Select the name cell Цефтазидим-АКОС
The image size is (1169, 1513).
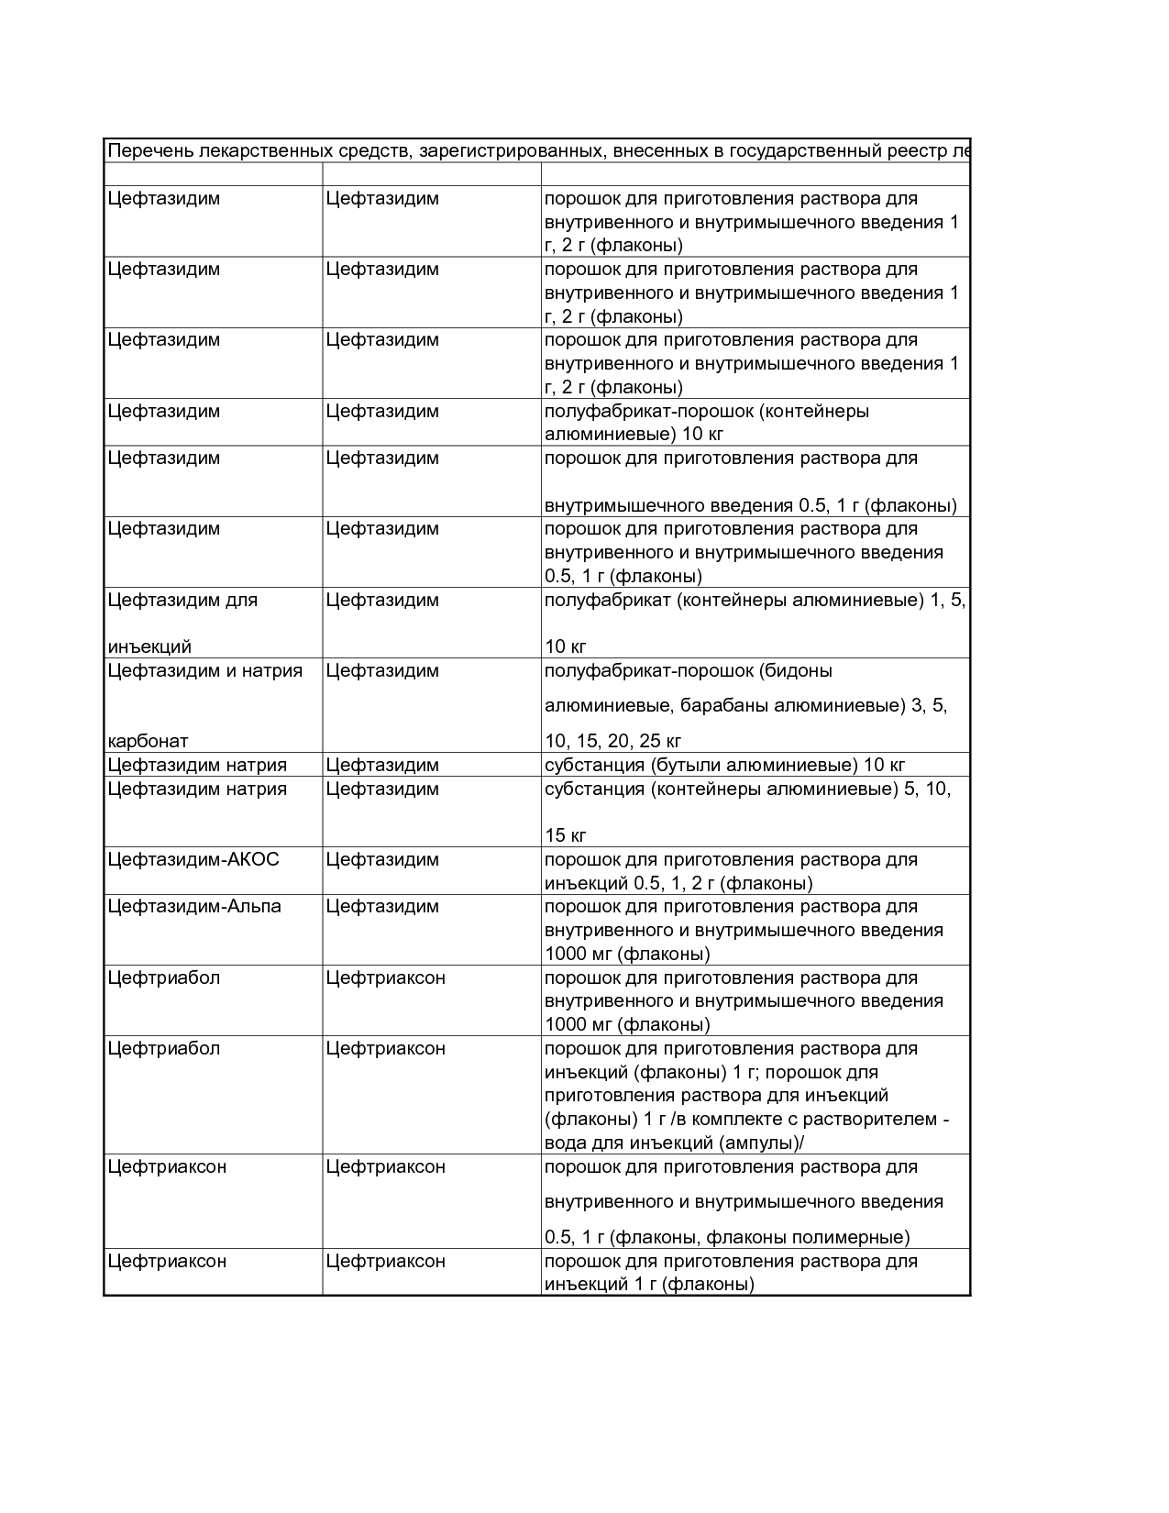click(193, 860)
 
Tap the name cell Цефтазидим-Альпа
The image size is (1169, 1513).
click(194, 907)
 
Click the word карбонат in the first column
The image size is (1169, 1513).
click(148, 741)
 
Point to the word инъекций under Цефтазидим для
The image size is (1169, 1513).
click(149, 646)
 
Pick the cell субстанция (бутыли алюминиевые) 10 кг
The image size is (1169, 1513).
click(724, 765)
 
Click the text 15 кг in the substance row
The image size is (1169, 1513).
click(566, 835)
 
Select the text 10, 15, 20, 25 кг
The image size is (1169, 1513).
click(612, 741)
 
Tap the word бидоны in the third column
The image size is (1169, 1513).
click(798, 670)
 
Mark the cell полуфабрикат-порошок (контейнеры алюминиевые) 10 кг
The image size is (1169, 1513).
click(706, 422)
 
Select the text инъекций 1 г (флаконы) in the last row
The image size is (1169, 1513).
click(649, 1284)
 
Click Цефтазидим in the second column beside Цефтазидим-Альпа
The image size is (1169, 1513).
click(382, 907)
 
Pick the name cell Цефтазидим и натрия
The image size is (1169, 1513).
click(204, 670)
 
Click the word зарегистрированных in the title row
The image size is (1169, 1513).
click(511, 151)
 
